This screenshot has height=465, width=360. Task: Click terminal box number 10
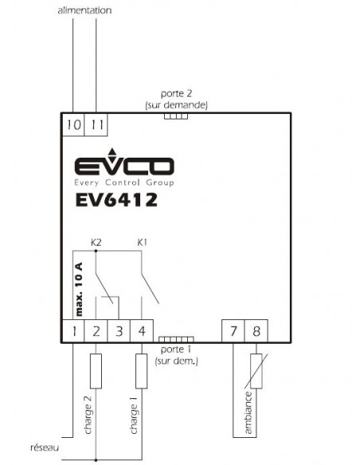pyautogui.click(x=73, y=124)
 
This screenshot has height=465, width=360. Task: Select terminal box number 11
pyautogui.click(x=96, y=124)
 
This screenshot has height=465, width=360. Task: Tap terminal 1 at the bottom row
pyautogui.click(x=73, y=331)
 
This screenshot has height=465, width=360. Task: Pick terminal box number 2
pyautogui.click(x=96, y=331)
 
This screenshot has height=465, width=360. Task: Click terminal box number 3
pyautogui.click(x=119, y=331)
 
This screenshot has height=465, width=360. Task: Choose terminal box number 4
pyautogui.click(x=142, y=331)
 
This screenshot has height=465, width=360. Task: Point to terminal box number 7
pyautogui.click(x=233, y=331)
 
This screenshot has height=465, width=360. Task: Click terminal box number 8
pyautogui.click(x=256, y=331)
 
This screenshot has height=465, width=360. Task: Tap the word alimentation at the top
pyautogui.click(x=84, y=10)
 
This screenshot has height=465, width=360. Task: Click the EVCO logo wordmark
pyautogui.click(x=124, y=166)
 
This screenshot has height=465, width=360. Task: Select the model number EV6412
pyautogui.click(x=116, y=200)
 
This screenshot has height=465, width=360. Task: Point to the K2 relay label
pyautogui.click(x=96, y=243)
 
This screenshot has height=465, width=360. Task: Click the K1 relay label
pyautogui.click(x=142, y=243)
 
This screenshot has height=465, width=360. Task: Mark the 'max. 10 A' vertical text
pyautogui.click(x=79, y=289)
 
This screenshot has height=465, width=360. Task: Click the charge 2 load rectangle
pyautogui.click(x=96, y=371)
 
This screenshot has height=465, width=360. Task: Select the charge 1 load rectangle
pyautogui.click(x=142, y=371)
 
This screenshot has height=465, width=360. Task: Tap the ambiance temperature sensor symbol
pyautogui.click(x=256, y=371)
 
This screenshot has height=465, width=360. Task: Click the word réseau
pyautogui.click(x=45, y=447)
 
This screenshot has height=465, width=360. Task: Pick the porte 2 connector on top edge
pyautogui.click(x=176, y=116)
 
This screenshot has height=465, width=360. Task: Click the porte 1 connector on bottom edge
pyautogui.click(x=176, y=339)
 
